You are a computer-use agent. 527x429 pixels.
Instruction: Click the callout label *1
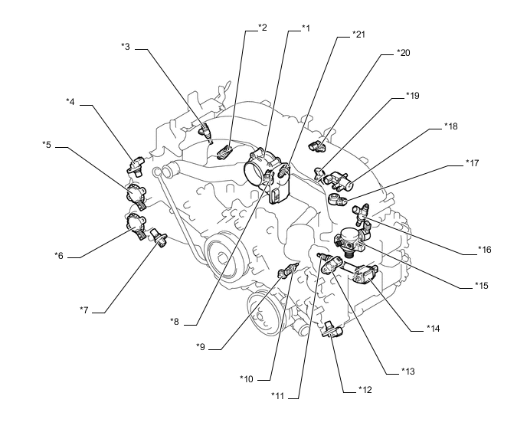coord(306,28)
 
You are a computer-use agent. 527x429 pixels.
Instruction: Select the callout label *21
coord(358,34)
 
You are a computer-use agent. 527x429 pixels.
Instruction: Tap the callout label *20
coord(404,52)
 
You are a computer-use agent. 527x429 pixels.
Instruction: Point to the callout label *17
coord(472,162)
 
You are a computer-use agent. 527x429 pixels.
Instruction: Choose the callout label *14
coord(434,328)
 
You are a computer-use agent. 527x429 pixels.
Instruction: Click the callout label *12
coord(365,390)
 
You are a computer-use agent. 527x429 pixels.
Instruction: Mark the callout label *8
coord(175,322)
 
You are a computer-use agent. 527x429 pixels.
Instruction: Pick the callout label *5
coord(47,145)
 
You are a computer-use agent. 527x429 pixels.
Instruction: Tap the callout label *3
coord(126,47)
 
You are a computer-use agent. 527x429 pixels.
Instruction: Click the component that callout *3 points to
coord(206,131)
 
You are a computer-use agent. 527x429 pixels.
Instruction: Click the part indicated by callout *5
coord(136,195)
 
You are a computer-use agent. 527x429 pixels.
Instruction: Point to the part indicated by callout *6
coord(136,227)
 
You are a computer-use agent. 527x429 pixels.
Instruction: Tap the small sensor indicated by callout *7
coord(159,237)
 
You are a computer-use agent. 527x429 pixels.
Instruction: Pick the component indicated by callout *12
coord(332,329)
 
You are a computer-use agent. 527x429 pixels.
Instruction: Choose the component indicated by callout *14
coord(365,273)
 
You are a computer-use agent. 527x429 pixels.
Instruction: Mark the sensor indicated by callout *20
coord(317,146)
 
